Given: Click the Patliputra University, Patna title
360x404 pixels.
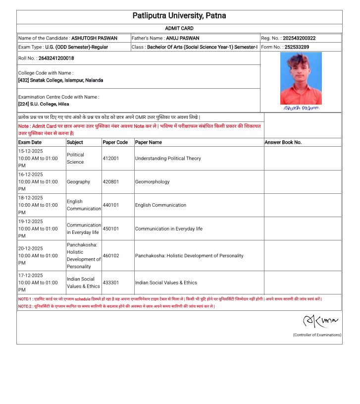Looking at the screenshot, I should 179,16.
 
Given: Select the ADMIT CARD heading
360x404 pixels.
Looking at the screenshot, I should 179,29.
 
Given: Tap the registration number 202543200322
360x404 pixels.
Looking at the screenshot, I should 299,38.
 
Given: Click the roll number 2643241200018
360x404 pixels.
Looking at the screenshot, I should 56,58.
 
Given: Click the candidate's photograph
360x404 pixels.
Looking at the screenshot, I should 301,78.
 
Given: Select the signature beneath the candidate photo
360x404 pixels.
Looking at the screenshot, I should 301,108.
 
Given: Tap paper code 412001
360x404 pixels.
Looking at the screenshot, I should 111,159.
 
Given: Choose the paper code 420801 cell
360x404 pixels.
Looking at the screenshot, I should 111,182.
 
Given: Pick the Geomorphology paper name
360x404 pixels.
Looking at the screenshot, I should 152,182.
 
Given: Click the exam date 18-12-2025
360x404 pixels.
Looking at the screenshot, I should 31,198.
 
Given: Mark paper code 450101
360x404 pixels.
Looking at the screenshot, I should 111,229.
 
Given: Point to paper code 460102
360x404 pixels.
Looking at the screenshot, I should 111,256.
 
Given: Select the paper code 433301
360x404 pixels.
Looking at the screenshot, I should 111,283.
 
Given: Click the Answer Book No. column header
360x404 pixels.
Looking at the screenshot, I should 283,142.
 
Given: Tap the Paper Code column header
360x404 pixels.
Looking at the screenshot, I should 115,142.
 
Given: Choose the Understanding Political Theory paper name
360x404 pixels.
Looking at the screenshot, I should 168,159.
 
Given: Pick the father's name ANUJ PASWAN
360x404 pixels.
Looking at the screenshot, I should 182,38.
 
